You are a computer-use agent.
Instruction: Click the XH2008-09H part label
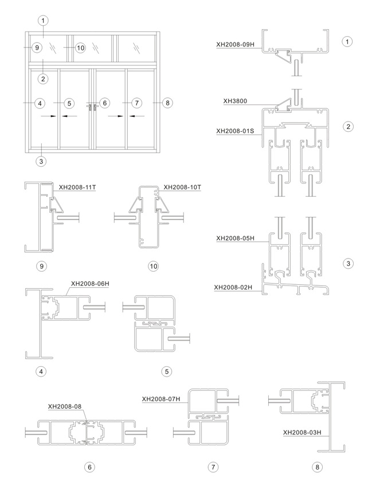(235, 44)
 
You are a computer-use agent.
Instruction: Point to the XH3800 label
(235, 101)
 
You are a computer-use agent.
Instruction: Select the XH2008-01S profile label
(235, 131)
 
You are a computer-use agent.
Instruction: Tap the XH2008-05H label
(235, 238)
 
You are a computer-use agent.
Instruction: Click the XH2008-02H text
(233, 287)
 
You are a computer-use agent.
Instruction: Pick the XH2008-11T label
(77, 187)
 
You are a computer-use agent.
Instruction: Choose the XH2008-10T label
(182, 187)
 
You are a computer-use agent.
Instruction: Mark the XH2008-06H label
(90, 284)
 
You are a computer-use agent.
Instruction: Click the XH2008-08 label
(65, 406)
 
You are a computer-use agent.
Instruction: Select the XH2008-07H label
(161, 399)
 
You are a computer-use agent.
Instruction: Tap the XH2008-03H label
(302, 432)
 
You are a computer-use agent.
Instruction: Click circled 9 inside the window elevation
(37, 48)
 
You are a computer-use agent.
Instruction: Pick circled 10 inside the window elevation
(80, 48)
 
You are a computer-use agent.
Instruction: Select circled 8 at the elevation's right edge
(167, 103)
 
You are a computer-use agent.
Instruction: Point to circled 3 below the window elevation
(41, 161)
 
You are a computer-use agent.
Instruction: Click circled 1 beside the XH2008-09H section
(347, 41)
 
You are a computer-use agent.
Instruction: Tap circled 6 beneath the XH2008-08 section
(89, 467)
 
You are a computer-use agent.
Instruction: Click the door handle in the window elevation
(93, 108)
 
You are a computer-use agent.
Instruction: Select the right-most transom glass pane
(136, 48)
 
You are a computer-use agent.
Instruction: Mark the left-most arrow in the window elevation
(49, 116)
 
